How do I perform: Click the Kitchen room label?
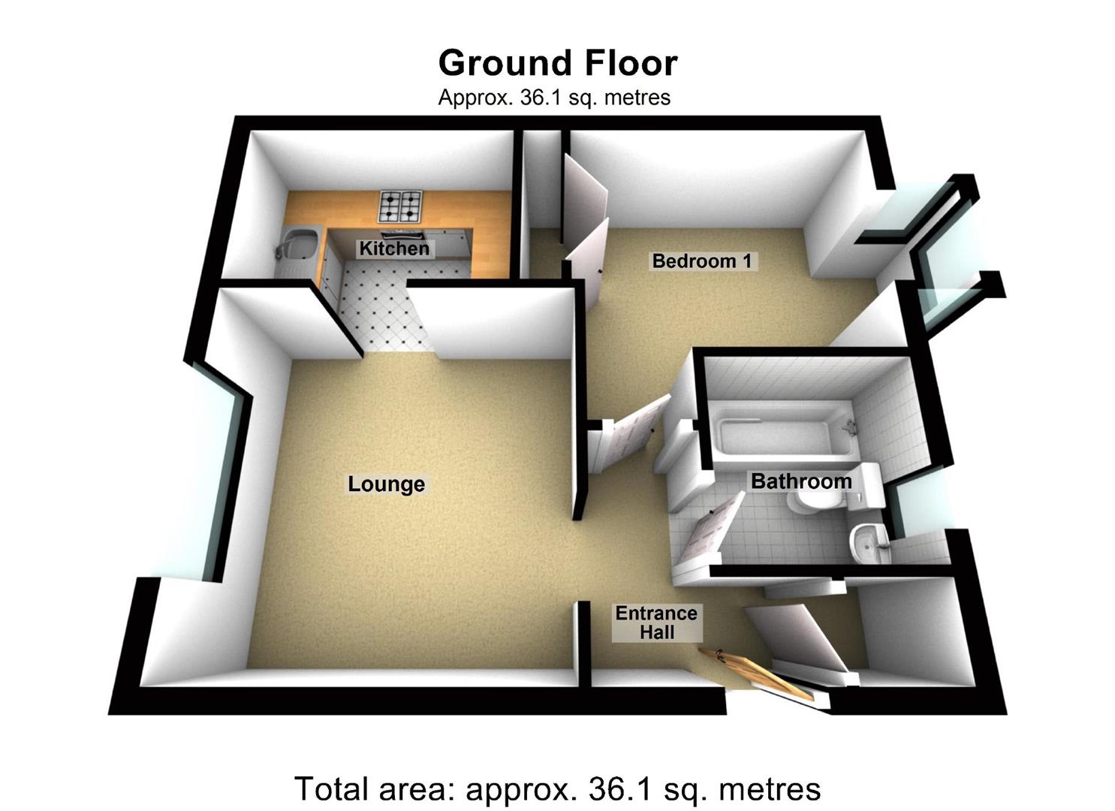[x=394, y=249]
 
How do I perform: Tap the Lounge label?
[x=386, y=484]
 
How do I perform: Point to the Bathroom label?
[x=801, y=481]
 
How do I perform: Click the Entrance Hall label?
[x=656, y=623]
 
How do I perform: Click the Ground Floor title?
[x=558, y=63]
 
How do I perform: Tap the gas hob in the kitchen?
[x=400, y=206]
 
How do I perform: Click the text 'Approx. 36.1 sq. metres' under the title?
[x=554, y=98]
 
